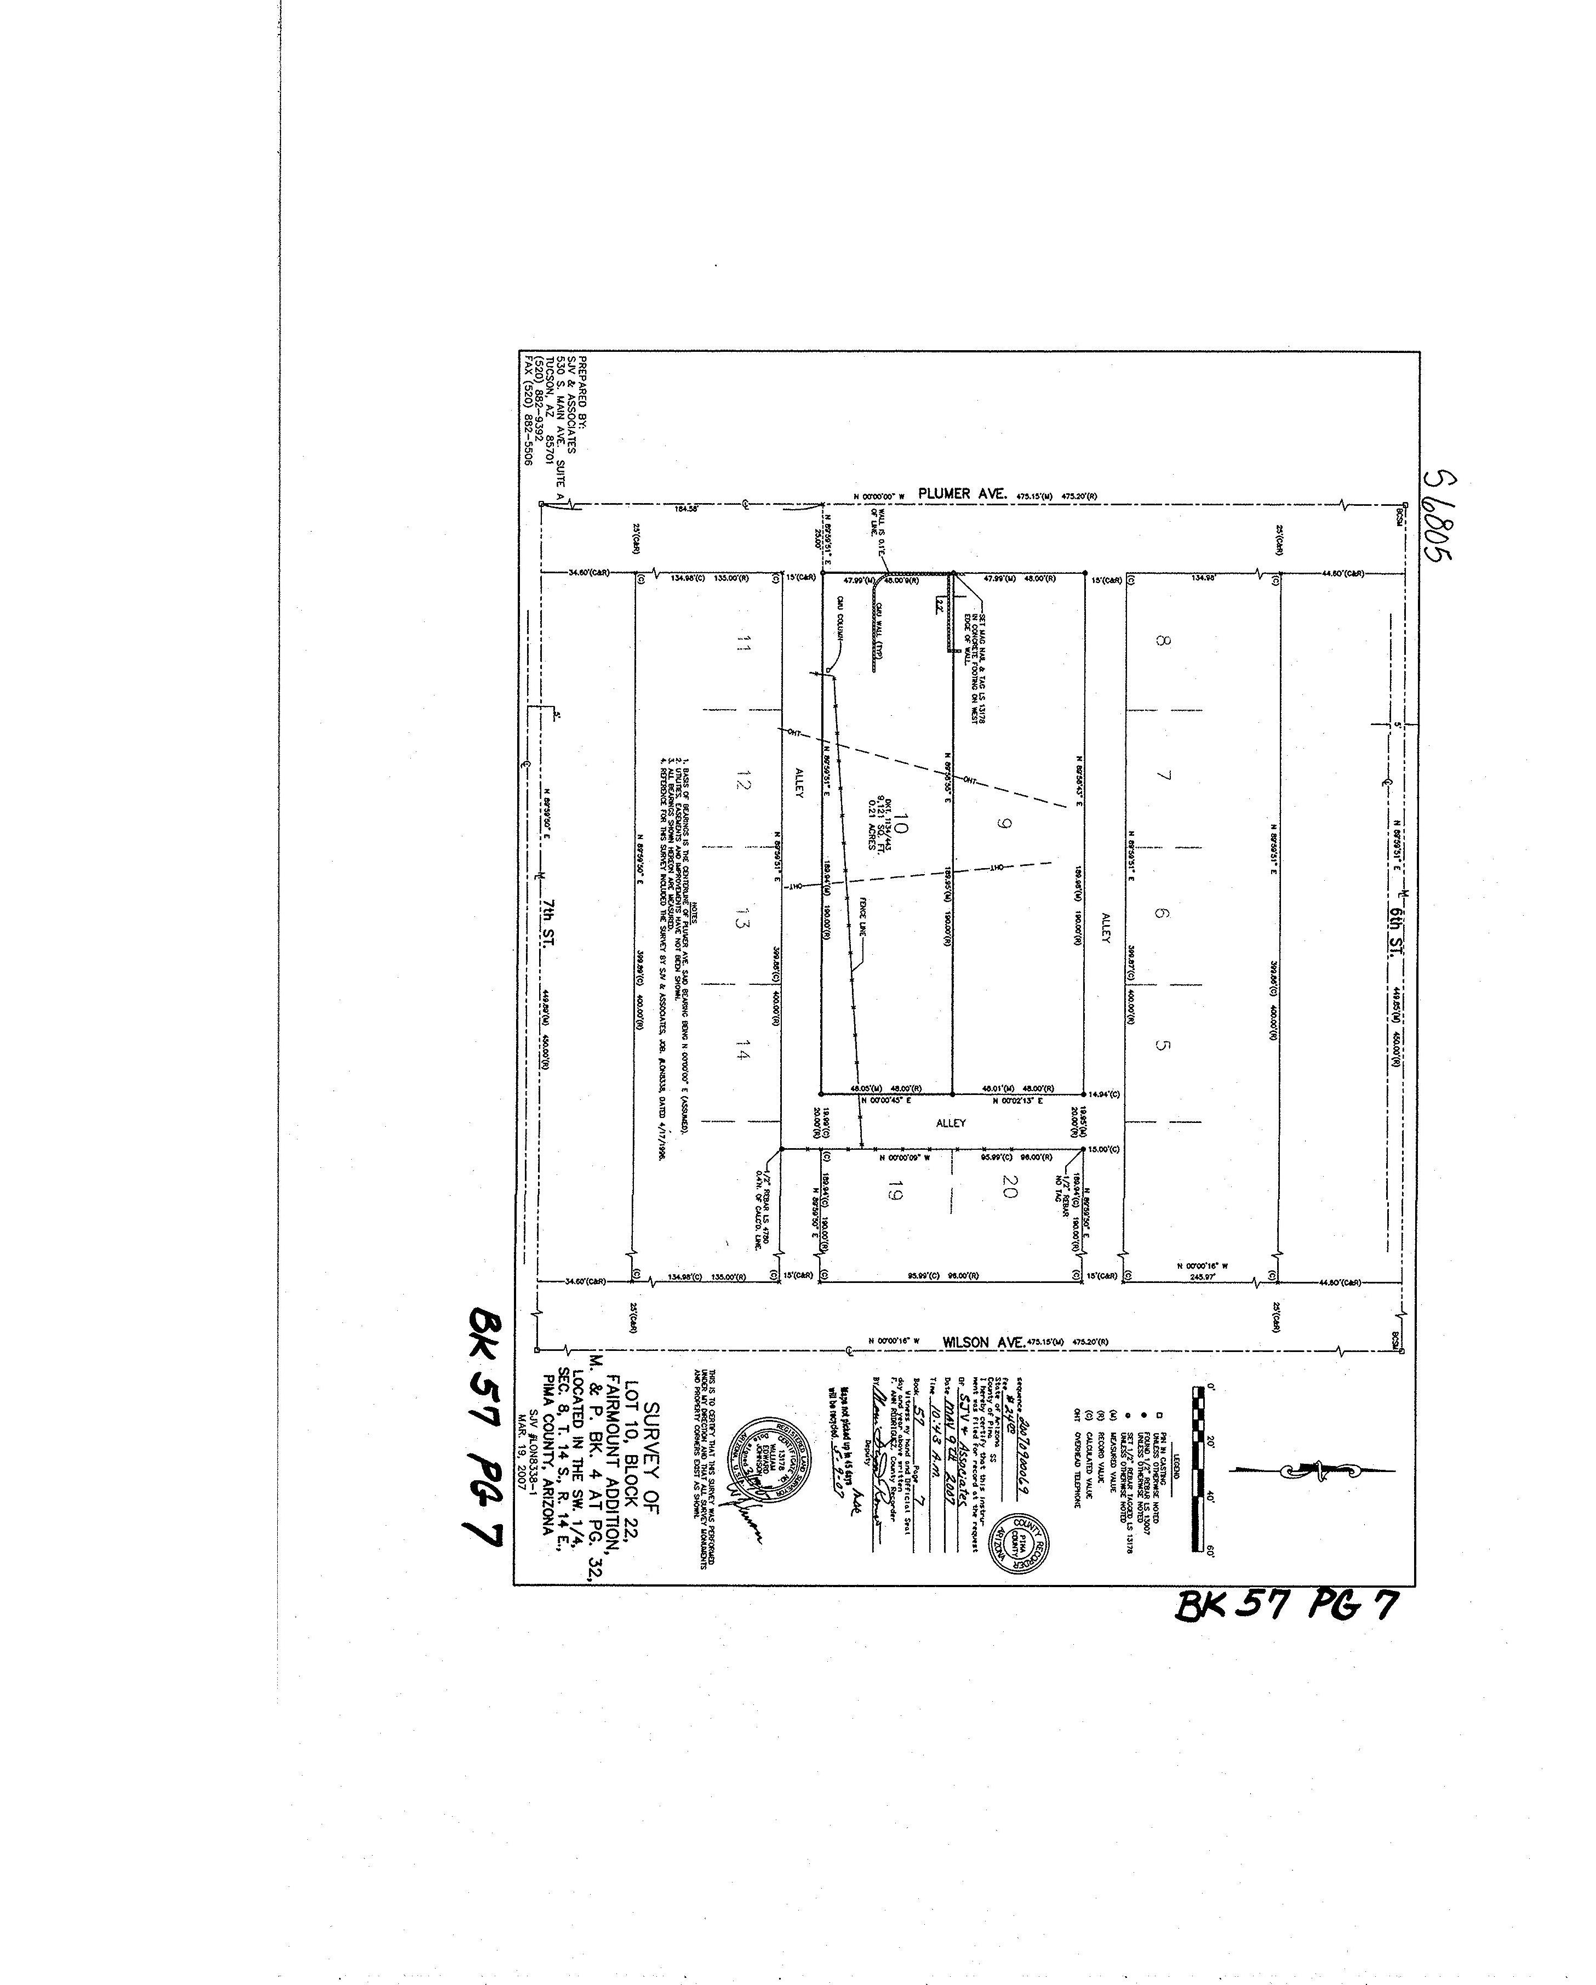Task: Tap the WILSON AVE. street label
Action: click(983, 1342)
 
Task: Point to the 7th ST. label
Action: click(550, 917)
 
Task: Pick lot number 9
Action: click(1003, 822)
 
